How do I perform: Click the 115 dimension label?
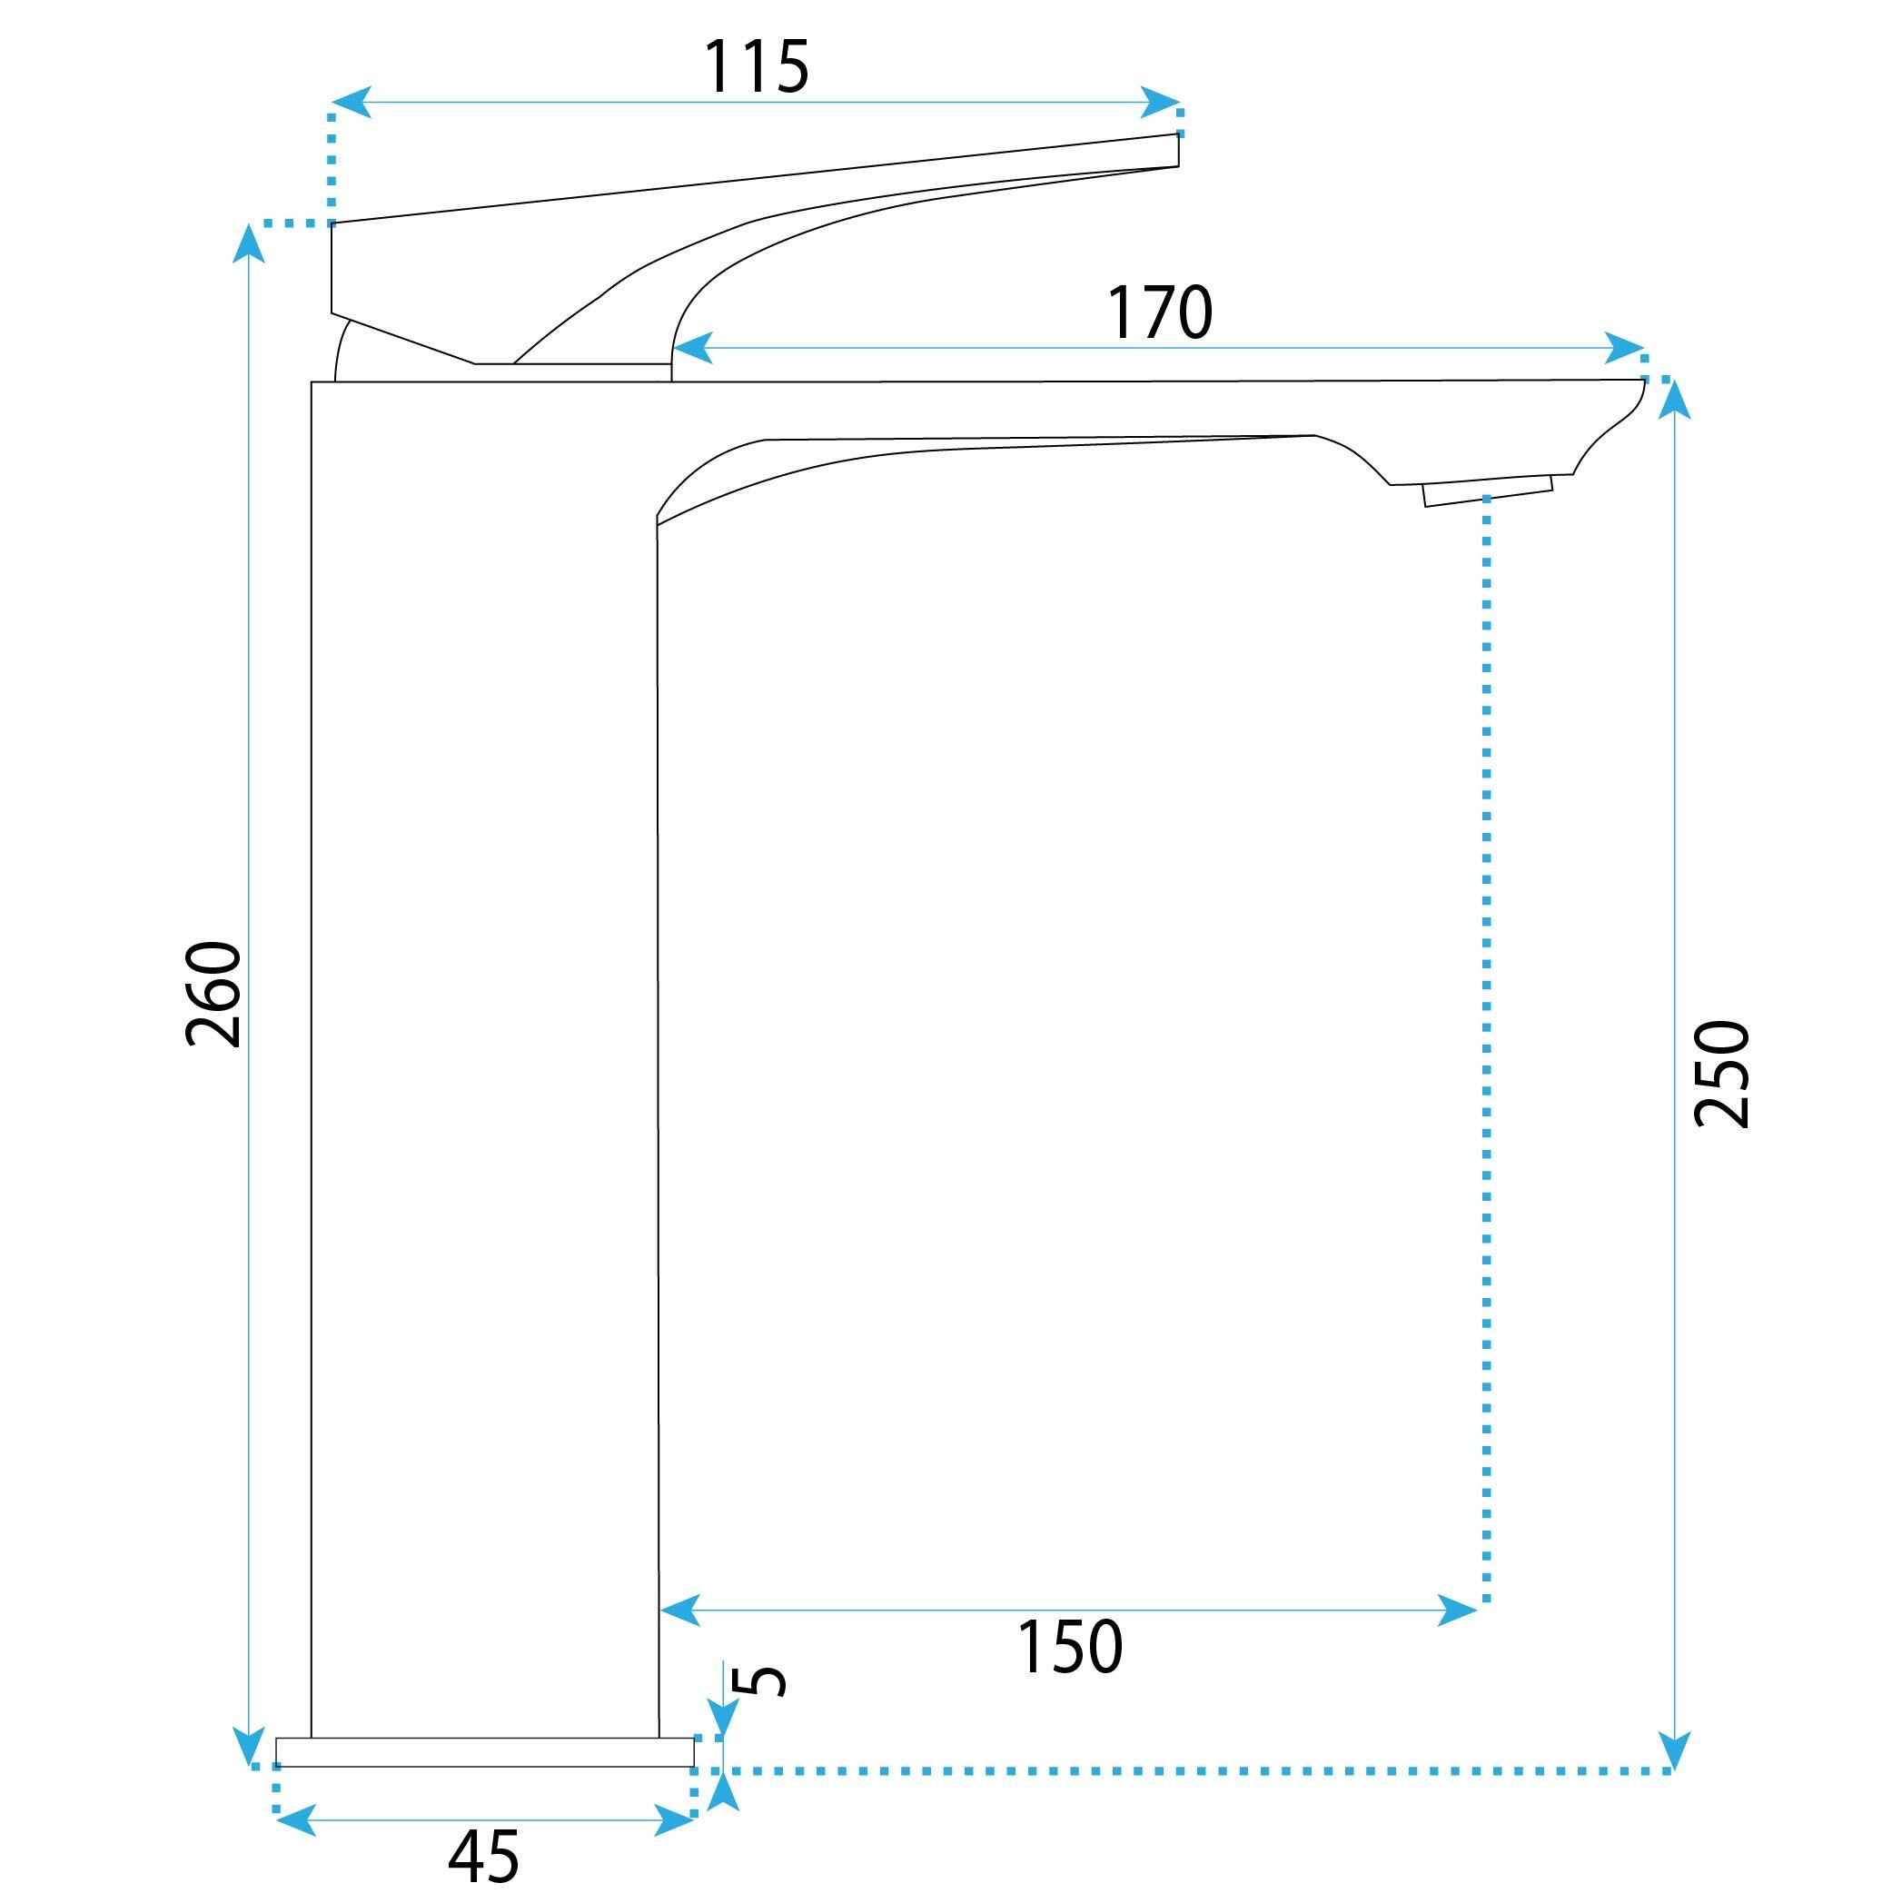(x=756, y=67)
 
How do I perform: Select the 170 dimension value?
(x=1159, y=312)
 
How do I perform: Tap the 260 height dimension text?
(x=213, y=994)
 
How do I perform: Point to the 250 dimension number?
(x=1720, y=1074)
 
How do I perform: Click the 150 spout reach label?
(x=1068, y=1647)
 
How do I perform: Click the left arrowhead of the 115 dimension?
(x=351, y=102)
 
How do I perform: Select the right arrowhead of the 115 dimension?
(x=1160, y=102)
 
